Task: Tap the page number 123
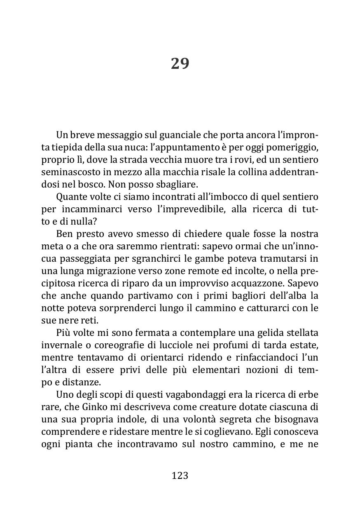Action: pos(180,476)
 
